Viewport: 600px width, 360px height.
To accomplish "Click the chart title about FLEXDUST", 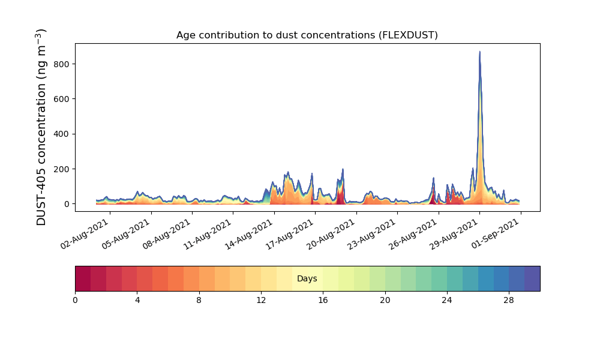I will point(307,35).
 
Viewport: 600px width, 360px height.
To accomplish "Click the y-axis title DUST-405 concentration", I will point(41,127).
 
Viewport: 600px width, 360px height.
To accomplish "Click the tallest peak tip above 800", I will point(479,52).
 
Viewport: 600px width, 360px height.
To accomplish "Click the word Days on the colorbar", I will point(307,279).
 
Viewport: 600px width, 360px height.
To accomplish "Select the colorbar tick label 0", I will point(75,300).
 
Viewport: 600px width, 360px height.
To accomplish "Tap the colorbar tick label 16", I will point(323,300).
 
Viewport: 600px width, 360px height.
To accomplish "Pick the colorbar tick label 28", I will point(509,300).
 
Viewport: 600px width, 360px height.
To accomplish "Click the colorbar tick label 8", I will point(199,300).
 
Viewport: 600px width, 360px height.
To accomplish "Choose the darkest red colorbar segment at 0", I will point(83,279).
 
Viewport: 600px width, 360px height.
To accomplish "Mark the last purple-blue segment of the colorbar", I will point(532,279).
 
